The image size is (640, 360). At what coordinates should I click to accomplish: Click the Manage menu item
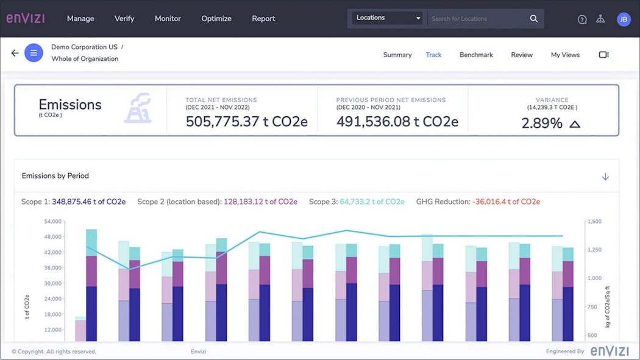[80, 18]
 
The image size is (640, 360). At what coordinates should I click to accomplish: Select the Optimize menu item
[216, 18]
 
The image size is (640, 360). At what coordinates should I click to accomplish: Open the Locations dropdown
[388, 18]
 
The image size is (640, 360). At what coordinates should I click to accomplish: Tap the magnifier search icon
[534, 18]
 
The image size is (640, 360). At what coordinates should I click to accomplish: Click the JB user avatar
[624, 19]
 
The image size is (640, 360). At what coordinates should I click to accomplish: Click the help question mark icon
[582, 19]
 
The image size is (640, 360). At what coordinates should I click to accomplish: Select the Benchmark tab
[476, 55]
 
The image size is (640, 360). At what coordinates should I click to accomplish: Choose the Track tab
[433, 55]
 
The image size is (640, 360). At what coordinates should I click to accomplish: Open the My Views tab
[565, 55]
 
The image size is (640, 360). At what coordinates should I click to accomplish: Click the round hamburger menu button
[34, 53]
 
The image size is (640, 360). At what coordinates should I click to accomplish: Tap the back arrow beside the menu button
[15, 53]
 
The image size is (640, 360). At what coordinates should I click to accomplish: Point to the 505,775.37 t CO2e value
[246, 122]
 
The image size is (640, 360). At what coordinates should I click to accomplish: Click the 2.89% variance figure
[542, 123]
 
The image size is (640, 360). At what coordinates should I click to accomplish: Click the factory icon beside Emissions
[138, 108]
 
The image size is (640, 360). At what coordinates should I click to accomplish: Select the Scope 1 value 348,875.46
[88, 202]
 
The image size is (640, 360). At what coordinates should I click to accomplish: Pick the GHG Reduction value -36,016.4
[507, 202]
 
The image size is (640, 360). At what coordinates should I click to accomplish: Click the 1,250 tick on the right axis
[595, 250]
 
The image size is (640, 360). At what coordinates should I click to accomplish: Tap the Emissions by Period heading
[55, 176]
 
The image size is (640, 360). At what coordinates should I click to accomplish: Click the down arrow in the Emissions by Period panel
[605, 177]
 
